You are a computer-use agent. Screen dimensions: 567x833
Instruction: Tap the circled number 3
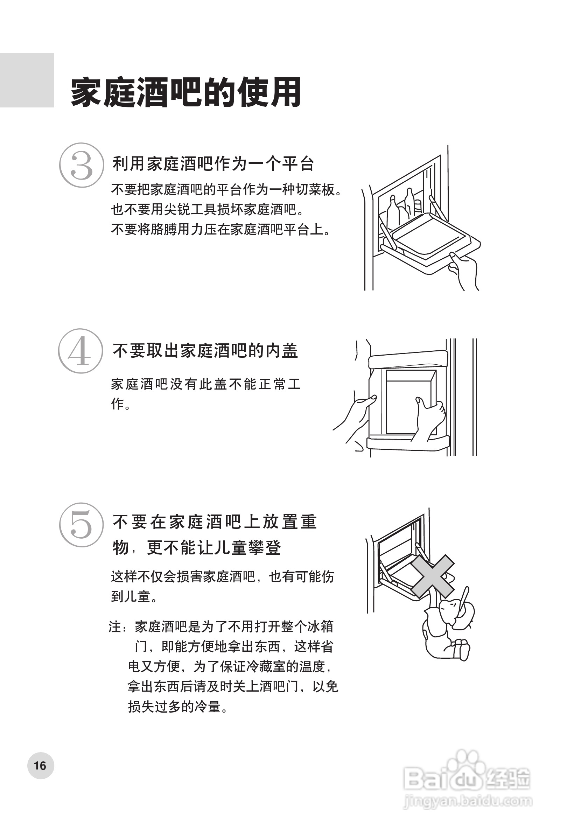click(x=81, y=165)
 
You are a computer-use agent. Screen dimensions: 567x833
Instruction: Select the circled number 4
click(x=80, y=351)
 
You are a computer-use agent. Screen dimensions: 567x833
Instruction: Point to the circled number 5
click(x=81, y=525)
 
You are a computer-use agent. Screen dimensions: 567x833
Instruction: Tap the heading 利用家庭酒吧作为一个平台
click(x=213, y=164)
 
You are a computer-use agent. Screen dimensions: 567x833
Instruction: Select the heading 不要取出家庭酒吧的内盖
click(x=205, y=350)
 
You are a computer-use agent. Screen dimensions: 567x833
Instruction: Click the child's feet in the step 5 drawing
click(x=460, y=649)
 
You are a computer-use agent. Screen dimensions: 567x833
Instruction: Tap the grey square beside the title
click(x=27, y=80)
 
